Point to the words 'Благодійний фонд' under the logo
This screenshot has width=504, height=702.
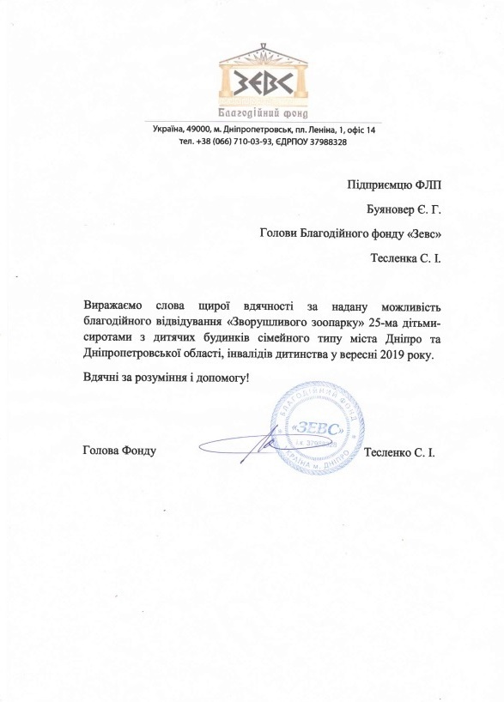coord(261,114)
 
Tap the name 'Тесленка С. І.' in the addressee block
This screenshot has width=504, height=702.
coord(403,257)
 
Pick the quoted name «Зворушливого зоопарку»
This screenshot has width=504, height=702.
coord(279,324)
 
